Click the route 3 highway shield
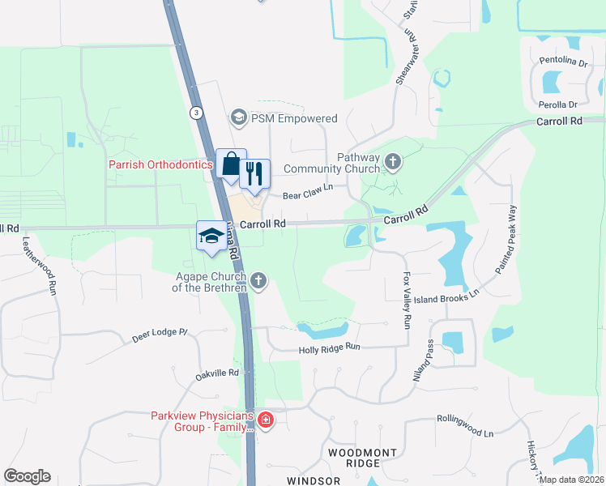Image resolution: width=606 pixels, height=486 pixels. pos(196,113)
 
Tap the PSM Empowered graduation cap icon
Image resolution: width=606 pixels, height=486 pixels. pos(238,118)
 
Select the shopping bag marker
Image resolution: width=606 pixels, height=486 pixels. pos(231,164)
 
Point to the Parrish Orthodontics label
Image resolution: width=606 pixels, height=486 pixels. pos(160,164)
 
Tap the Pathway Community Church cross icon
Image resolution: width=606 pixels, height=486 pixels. pos(393,163)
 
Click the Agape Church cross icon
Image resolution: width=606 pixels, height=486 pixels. pos(258,281)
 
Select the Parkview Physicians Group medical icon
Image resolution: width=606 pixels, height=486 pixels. pos(266,420)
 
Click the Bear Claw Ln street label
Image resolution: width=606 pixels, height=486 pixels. pos(307,195)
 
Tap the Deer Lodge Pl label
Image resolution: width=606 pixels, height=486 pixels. pos(160,336)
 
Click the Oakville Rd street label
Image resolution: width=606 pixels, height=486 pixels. pos(217,373)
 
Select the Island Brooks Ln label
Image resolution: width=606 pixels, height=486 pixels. pos(446,296)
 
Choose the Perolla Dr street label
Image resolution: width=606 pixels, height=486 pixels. pos(556,104)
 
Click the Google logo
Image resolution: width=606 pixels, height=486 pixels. pos(28,476)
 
